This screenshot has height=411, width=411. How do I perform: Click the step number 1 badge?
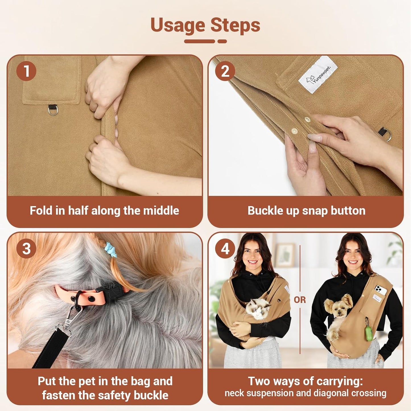click(26, 71)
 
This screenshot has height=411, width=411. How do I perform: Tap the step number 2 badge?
click(225, 71)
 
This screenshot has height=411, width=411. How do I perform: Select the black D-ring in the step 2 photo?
click(385, 133)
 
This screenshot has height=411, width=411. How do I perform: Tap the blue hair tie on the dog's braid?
click(110, 249)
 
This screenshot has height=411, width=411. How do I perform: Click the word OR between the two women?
click(300, 300)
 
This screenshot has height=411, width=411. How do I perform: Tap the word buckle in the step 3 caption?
click(151, 395)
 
